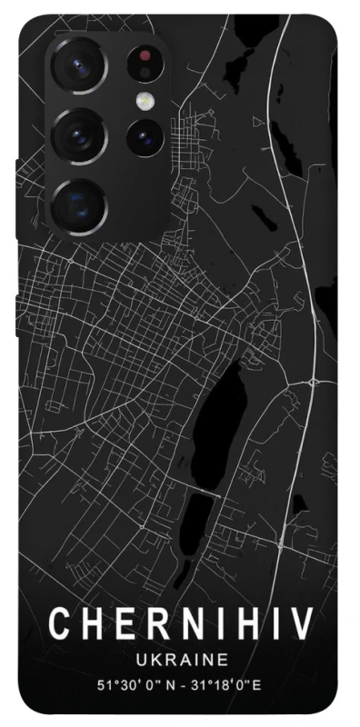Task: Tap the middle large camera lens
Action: [x=78, y=135]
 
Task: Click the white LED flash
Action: [x=144, y=100]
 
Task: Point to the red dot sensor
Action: [x=145, y=56]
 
